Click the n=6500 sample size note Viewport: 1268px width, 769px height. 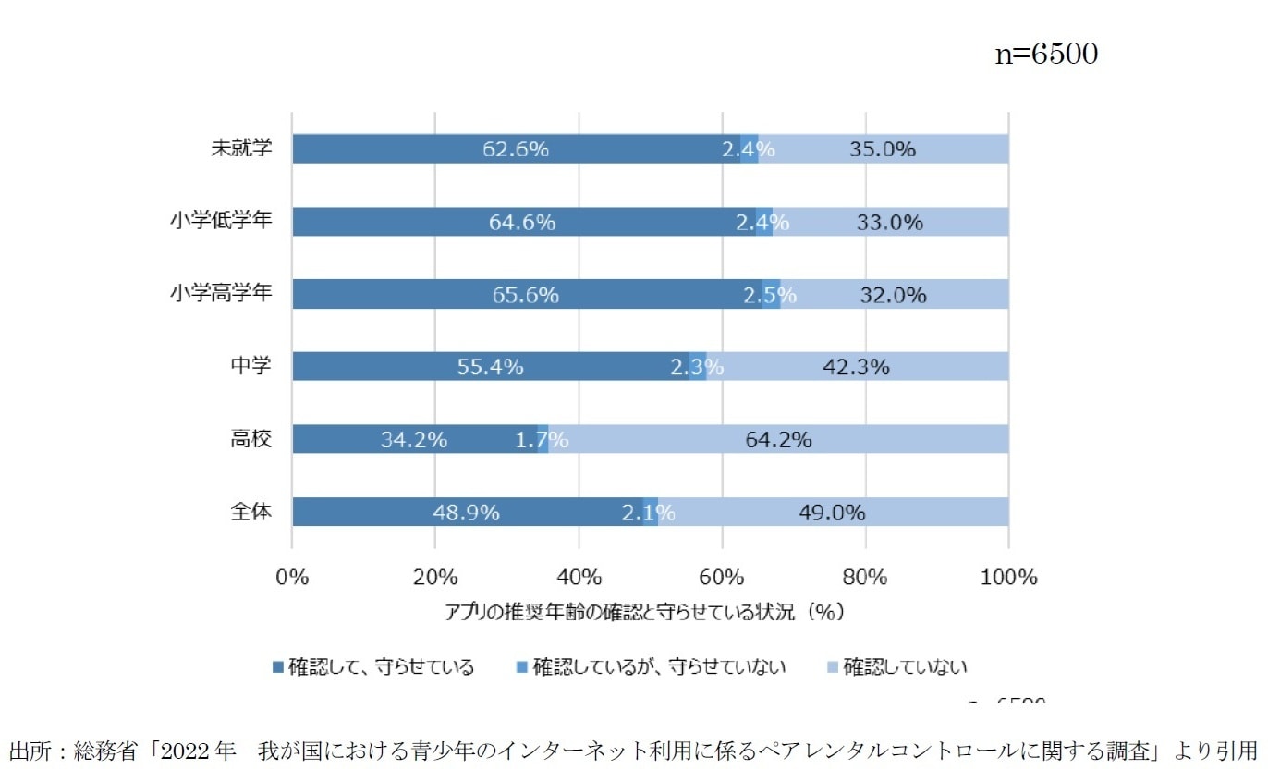pos(1044,55)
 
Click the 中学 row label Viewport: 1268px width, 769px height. pos(250,366)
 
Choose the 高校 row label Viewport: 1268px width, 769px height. pos(250,439)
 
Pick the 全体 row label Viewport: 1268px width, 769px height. pos(250,511)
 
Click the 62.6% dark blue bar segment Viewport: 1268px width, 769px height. pos(516,149)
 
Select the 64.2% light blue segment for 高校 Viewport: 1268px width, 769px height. pos(778,440)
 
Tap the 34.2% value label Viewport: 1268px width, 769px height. pos(414,440)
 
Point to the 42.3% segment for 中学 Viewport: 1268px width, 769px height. pos(856,367)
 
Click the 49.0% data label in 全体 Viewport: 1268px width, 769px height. pos(832,512)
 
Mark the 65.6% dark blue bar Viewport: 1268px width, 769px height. pos(526,295)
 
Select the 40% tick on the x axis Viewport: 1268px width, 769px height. pos(579,578)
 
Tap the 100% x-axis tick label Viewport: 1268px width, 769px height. pos(1008,578)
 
